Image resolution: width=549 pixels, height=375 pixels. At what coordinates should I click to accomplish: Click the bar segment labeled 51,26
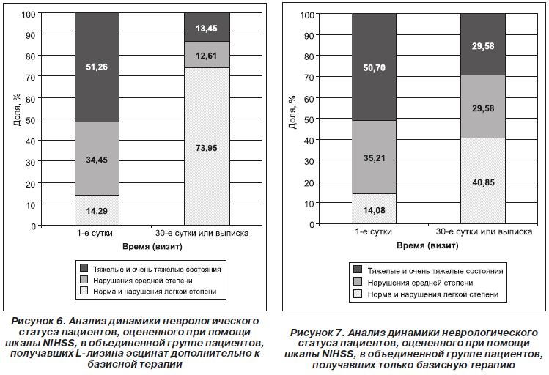point(97,67)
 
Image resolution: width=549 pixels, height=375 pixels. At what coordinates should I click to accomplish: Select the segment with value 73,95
point(207,146)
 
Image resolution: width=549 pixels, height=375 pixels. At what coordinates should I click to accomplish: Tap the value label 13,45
point(207,29)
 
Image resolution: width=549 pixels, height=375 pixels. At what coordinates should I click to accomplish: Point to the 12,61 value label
point(207,56)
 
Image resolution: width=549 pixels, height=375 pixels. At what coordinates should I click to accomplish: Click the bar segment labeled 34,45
point(97,159)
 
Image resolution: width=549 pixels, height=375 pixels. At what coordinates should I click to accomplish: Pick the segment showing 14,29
point(97,210)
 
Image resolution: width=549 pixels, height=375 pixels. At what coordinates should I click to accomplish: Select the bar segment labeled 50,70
point(375,67)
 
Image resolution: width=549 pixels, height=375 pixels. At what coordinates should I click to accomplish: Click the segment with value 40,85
point(483,181)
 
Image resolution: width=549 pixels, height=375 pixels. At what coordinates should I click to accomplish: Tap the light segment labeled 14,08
point(375,209)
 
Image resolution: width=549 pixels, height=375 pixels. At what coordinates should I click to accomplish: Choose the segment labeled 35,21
point(375,157)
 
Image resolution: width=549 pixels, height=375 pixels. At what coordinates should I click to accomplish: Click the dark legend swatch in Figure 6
point(84,268)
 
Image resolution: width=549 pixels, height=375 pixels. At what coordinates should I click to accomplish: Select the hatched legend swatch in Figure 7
point(358,294)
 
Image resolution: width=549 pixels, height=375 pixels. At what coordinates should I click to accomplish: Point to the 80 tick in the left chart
point(31,56)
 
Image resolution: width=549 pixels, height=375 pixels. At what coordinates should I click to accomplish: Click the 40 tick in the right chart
point(309,141)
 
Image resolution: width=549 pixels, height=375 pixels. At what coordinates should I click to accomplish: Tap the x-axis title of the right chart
point(427,245)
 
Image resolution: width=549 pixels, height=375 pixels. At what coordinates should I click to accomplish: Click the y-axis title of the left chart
point(17,109)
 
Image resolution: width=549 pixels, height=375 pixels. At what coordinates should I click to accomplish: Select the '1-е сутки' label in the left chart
point(95,234)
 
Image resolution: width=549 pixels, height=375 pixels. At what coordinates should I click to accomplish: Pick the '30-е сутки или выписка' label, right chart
point(484,232)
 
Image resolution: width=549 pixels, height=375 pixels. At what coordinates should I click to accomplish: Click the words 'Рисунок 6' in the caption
point(38,321)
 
